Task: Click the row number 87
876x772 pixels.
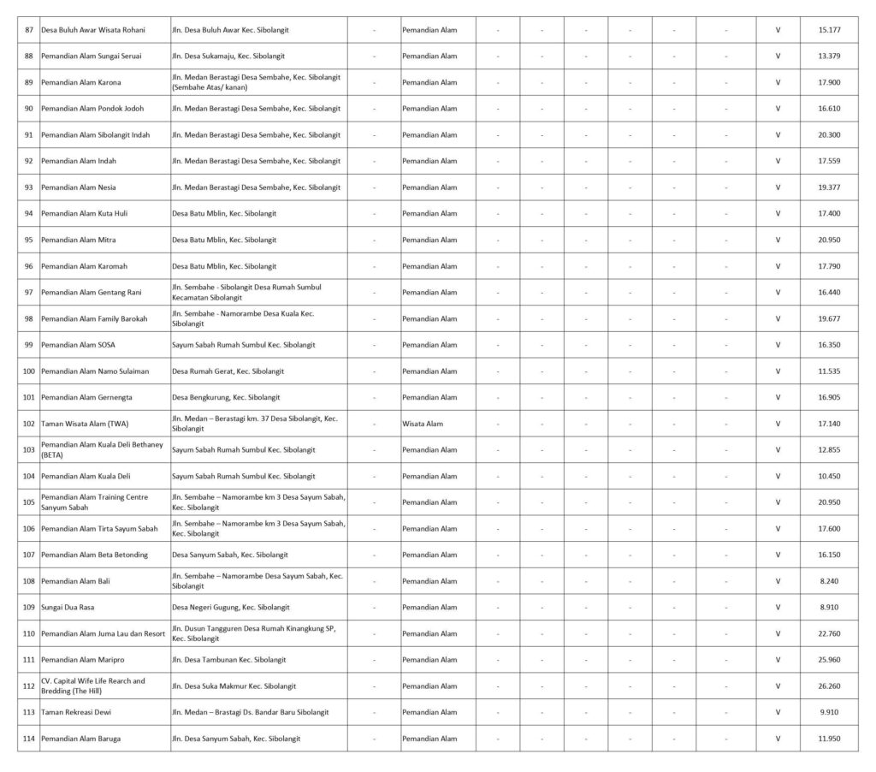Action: tap(29, 30)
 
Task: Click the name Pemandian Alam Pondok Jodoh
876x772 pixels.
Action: tap(92, 109)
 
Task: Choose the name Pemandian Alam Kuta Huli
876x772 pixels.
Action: tap(85, 213)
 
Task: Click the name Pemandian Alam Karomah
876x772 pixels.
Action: tap(84, 266)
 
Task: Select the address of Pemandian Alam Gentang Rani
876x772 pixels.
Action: tap(246, 292)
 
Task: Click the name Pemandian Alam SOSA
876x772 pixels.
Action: tap(78, 345)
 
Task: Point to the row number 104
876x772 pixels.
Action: tap(29, 476)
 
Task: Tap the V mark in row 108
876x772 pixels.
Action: tap(778, 581)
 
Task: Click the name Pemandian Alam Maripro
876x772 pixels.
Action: tap(81, 660)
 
